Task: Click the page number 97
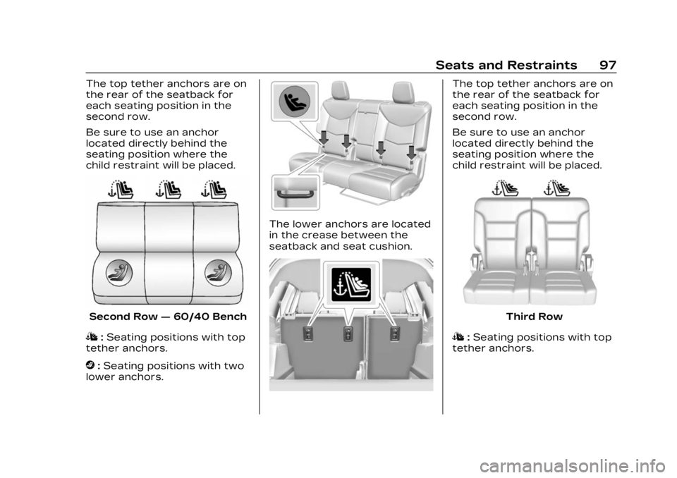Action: (x=607, y=65)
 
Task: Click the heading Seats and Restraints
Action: (x=506, y=65)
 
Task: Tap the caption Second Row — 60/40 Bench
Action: (x=168, y=317)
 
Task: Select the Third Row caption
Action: (x=534, y=317)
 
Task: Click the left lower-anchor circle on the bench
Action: (x=119, y=273)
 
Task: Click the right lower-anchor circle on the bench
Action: (x=219, y=273)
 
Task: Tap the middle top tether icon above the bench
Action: (x=169, y=189)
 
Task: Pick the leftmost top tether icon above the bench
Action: (x=122, y=189)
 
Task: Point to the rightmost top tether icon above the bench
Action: (x=215, y=189)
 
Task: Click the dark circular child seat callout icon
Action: (x=295, y=102)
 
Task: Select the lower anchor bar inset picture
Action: (x=295, y=192)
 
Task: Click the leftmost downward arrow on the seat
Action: (x=324, y=137)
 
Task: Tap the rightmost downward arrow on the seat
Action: (x=411, y=152)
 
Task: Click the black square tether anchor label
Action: (x=351, y=284)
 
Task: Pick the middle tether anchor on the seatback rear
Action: (x=348, y=333)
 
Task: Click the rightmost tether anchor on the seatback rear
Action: (x=395, y=333)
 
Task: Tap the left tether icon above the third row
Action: (x=505, y=188)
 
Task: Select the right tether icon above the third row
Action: (x=557, y=188)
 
